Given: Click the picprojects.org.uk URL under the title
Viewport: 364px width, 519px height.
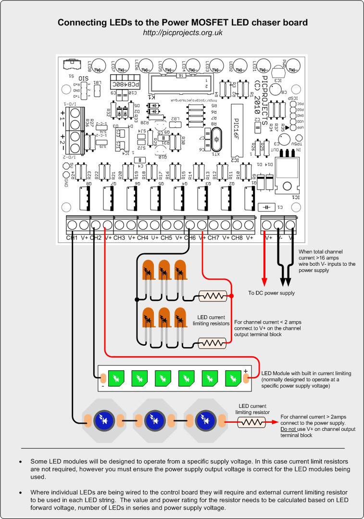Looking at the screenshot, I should pos(182,33).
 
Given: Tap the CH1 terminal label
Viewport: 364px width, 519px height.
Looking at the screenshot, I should pos(72,238).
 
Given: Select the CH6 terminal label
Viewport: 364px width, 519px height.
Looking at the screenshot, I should pos(189,238).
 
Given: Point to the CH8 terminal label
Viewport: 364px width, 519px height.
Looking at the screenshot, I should pos(237,238).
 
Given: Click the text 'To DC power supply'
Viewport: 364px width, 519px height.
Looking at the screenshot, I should pos(271,293).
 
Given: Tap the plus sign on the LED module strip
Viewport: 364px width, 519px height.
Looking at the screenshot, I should pos(246,371).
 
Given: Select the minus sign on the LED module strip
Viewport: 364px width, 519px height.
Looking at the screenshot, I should pos(102,386).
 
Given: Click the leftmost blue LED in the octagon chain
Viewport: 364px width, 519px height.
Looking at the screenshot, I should pos(103,418).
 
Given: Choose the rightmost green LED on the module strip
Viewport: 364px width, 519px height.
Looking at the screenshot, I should pos(233,378).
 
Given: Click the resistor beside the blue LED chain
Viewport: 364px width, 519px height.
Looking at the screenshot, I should pos(251,422).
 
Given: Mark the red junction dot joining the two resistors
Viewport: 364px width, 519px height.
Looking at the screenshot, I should pos(232,296).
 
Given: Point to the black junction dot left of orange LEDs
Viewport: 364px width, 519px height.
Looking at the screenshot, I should pos(137,299).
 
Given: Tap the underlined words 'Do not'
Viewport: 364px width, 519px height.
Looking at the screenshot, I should pos(289,428).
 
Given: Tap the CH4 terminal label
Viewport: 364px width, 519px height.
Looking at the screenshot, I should pos(143,238).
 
